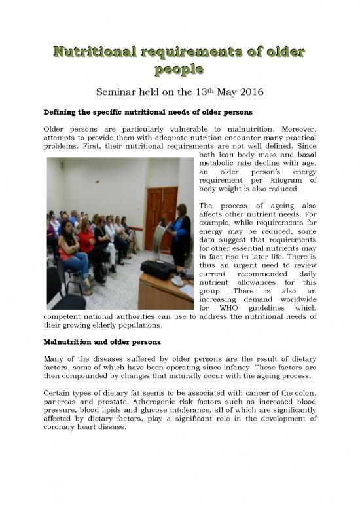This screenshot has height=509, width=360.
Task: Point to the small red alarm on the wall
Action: pos(97,176)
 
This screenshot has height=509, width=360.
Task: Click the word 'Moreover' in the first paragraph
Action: pos(294,130)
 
